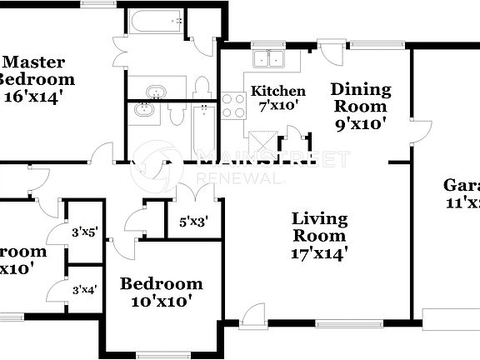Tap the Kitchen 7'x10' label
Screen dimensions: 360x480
(278, 98)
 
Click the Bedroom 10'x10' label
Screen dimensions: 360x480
(162, 292)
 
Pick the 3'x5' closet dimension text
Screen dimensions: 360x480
(85, 232)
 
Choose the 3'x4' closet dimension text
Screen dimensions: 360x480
(85, 290)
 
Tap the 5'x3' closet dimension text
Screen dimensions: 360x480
(193, 222)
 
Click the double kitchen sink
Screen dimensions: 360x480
(270, 59)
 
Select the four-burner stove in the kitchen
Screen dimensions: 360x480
(233, 106)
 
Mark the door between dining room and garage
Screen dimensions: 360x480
(421, 131)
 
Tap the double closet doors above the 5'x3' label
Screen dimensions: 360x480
(192, 192)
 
